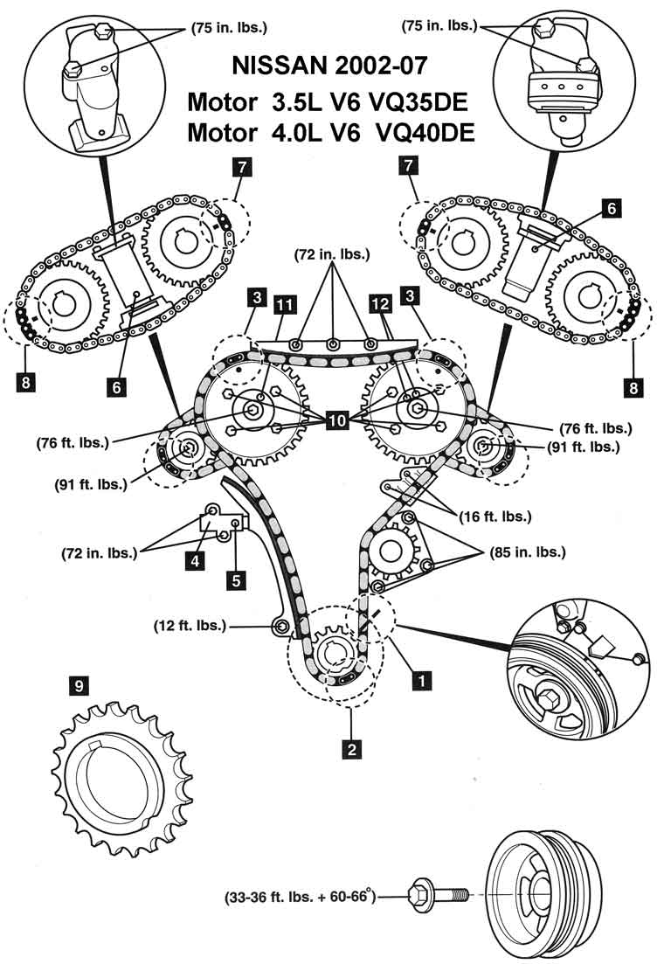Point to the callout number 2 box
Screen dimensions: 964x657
(x=350, y=748)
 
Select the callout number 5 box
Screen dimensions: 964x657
(x=233, y=578)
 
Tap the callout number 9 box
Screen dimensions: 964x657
(x=80, y=687)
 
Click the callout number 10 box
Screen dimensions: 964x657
(x=338, y=421)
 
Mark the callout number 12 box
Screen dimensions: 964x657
(x=379, y=305)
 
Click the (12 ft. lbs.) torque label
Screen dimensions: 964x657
(x=189, y=626)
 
